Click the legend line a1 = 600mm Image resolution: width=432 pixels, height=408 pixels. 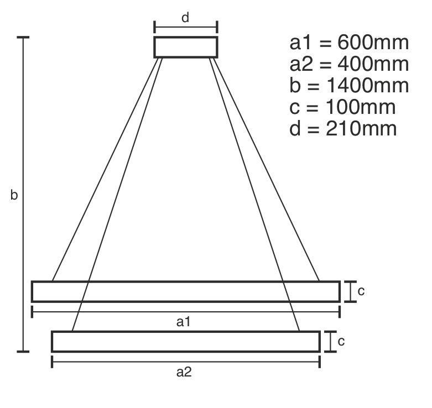[349, 43]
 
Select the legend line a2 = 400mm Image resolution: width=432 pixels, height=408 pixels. [349, 64]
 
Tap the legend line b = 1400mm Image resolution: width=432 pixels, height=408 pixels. [349, 85]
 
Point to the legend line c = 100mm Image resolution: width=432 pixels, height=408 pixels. [342, 107]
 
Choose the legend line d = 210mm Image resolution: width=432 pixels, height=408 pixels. [343, 128]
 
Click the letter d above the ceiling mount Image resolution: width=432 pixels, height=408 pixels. [185, 18]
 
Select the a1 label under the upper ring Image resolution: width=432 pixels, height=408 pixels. [183, 322]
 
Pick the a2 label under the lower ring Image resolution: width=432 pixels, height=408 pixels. [184, 372]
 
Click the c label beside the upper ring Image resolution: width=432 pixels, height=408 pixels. [361, 291]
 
